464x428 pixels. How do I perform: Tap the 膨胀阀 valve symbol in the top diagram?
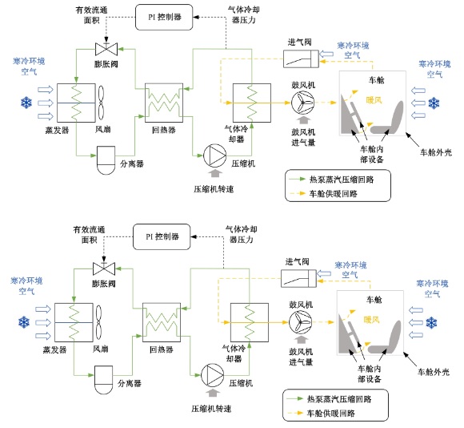tap(106, 49)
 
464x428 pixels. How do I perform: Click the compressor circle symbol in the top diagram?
tap(215, 155)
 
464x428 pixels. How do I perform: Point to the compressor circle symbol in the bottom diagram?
tap(213, 375)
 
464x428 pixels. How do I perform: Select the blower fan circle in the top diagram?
tap(302, 103)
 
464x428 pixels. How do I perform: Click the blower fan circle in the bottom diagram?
tap(300, 322)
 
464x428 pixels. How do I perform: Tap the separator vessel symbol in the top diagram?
tap(106, 160)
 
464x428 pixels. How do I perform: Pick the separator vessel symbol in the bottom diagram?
tap(103, 380)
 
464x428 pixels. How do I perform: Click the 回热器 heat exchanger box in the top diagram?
tap(164, 103)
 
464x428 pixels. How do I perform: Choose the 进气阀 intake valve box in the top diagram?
tap(301, 59)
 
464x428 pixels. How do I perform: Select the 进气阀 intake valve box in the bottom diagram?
tap(298, 279)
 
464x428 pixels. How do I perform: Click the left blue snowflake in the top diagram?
tap(26, 103)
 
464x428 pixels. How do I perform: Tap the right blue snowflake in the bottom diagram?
tap(431, 322)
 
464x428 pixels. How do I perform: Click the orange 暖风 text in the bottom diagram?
tap(371, 320)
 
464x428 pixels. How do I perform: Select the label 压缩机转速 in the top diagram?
tap(214, 189)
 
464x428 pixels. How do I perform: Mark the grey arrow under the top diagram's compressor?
tap(215, 174)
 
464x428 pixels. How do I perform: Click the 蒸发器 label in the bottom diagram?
tap(54, 349)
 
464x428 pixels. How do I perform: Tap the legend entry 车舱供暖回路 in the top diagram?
tap(334, 194)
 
